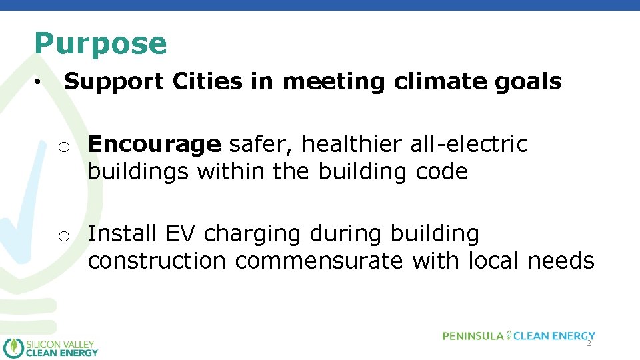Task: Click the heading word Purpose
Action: pyautogui.click(x=101, y=44)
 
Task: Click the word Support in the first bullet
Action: pyautogui.click(x=113, y=82)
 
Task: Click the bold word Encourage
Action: pyautogui.click(x=154, y=144)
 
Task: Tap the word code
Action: pyautogui.click(x=442, y=172)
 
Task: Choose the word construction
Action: pyautogui.click(x=157, y=261)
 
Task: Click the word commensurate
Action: pyautogui.click(x=319, y=261)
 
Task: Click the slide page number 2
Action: pyautogui.click(x=589, y=343)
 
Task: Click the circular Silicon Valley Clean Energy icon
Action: pyautogui.click(x=13, y=347)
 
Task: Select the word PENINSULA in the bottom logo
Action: pyautogui.click(x=473, y=336)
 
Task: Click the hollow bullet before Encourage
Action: pyautogui.click(x=63, y=146)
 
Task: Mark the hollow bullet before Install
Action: pyautogui.click(x=63, y=236)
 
